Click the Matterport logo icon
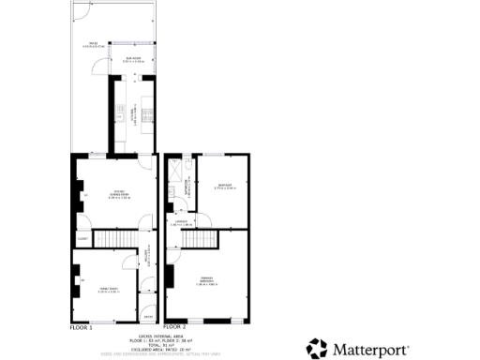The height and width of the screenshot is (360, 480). pos(317,349)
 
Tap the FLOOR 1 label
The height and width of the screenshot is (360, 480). pos(82,328)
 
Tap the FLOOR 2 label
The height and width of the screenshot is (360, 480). pos(175,328)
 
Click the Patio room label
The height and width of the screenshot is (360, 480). pos(93,45)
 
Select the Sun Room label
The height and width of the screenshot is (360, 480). pos(132,59)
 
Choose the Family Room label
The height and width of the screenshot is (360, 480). pos(106,291)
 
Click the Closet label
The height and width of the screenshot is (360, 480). pos(82,239)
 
